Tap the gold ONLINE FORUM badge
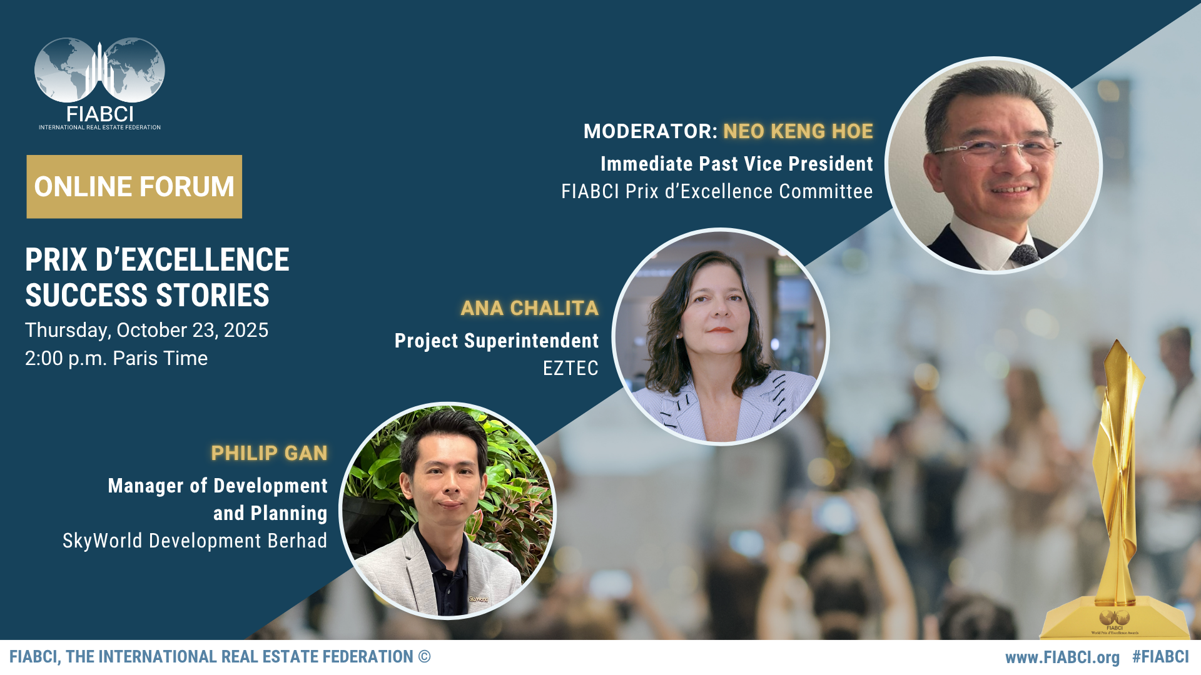tap(134, 187)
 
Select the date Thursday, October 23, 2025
tap(146, 330)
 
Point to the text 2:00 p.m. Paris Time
tap(116, 358)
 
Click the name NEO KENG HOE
tap(798, 131)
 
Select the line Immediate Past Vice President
tap(736, 164)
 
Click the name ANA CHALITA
tap(529, 308)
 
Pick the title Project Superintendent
tap(496, 341)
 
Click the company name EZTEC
tap(570, 368)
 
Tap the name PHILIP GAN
tap(269, 453)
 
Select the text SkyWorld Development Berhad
tap(195, 541)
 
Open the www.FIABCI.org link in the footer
tap(1062, 657)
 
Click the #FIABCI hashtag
tap(1160, 657)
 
